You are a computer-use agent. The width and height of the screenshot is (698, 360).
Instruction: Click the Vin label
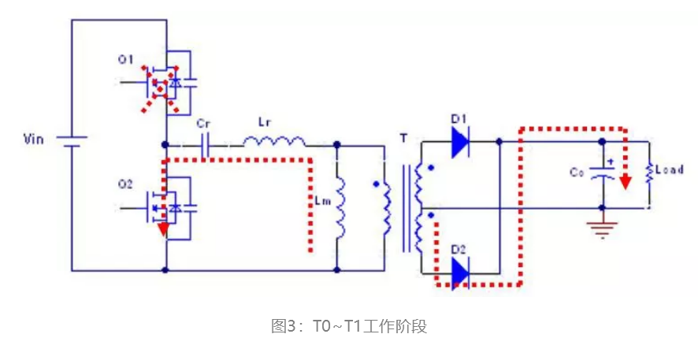(x=36, y=140)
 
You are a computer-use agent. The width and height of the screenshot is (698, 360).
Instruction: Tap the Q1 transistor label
(x=127, y=58)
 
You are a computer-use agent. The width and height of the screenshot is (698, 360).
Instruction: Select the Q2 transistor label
(x=125, y=184)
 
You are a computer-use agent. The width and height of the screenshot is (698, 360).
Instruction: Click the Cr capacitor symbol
(x=208, y=145)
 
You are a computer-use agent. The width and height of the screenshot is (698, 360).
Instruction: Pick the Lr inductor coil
(x=273, y=142)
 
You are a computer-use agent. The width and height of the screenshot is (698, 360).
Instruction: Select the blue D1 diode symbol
(x=460, y=143)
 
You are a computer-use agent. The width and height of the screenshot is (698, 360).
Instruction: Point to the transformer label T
(x=403, y=139)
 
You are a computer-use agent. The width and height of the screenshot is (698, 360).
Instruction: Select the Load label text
(x=669, y=169)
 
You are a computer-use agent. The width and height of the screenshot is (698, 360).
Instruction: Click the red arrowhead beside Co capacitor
(x=625, y=183)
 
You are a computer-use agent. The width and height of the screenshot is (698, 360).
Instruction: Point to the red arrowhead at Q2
(x=163, y=230)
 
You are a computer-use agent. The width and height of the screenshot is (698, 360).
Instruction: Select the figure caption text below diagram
(x=348, y=326)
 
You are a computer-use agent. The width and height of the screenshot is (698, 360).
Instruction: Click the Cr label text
(x=203, y=124)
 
